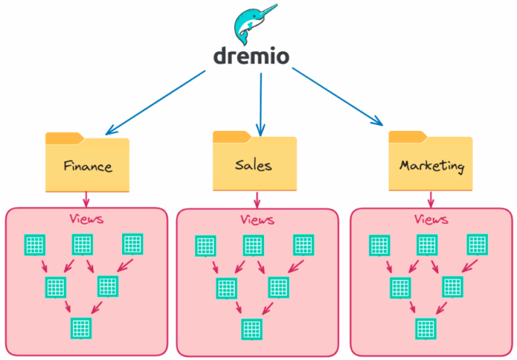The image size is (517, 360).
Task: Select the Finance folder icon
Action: point(87,162)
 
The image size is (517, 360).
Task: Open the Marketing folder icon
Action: point(430,162)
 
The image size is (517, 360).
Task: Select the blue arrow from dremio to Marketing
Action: point(338,97)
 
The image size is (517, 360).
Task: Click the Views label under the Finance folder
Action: point(86,218)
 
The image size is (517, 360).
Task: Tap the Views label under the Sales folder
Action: point(257,220)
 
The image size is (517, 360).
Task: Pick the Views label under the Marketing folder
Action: point(431,219)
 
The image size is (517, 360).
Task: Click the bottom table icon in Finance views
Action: point(80,328)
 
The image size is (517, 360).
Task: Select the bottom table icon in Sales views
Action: point(252,329)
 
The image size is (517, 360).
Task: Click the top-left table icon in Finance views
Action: point(34,244)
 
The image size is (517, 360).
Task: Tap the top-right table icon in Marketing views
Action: point(477,244)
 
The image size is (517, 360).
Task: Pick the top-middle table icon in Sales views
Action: point(253,246)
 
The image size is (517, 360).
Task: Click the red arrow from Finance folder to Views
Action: point(86,199)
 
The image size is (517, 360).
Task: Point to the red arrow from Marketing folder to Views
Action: point(431,199)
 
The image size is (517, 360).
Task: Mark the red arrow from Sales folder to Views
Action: point(256,200)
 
